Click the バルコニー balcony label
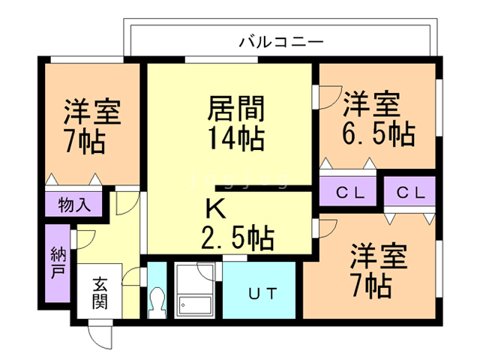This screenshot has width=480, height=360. (x=281, y=41)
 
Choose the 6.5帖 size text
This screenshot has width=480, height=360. (x=378, y=135)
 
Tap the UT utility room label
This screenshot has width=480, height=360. (x=263, y=292)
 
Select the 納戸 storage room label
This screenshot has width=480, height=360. (x=57, y=262)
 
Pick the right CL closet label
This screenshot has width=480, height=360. (x=411, y=193)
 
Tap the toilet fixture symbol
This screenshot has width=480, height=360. (x=157, y=301)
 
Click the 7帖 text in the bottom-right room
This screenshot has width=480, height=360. (x=370, y=286)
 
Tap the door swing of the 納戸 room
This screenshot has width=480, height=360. (x=85, y=238)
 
